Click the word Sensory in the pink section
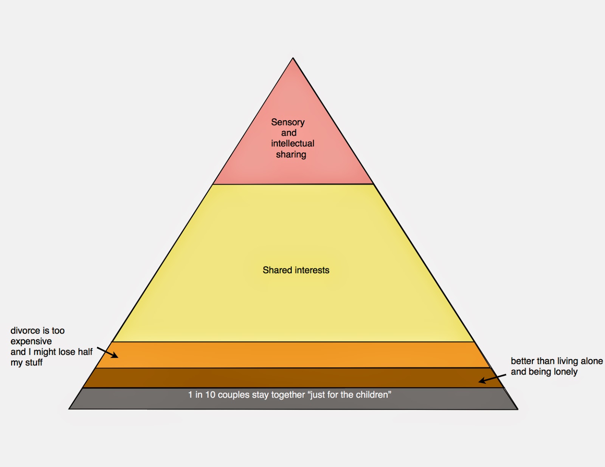[288, 122]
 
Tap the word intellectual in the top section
[293, 144]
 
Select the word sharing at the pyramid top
[291, 155]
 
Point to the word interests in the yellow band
[313, 270]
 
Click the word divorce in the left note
[25, 331]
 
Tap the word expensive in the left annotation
[31, 341]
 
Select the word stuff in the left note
[34, 363]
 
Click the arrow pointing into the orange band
[108, 353]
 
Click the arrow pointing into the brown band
[492, 379]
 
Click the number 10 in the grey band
[210, 395]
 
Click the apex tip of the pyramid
[293, 59]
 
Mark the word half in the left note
[85, 352]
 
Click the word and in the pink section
[289, 133]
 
